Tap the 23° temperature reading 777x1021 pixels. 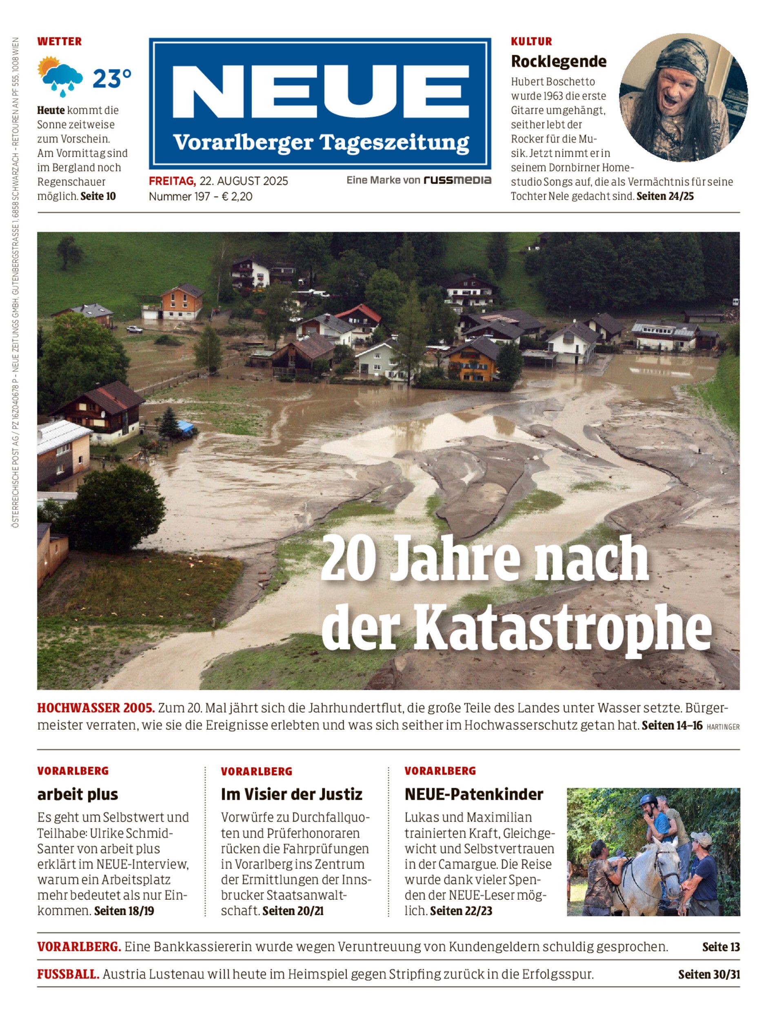[112, 79]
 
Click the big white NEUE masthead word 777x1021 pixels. [320, 91]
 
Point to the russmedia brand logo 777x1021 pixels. [457, 180]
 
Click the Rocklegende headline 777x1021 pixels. [558, 61]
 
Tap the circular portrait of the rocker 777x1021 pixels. [683, 97]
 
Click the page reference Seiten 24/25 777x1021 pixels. [665, 196]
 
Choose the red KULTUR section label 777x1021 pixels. [531, 41]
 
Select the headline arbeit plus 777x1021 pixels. [78, 794]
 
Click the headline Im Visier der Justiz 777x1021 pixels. [291, 794]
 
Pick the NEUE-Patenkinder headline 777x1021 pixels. [474, 794]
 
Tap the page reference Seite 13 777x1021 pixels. [721, 947]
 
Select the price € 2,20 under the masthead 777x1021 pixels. [237, 197]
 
